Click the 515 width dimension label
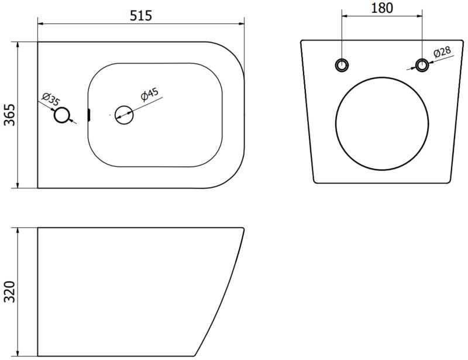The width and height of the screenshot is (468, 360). click(141, 16)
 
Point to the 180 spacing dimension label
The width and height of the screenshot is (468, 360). click(382, 8)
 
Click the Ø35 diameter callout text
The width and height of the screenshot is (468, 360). click(51, 99)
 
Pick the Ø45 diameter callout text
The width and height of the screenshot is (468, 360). click(150, 94)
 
